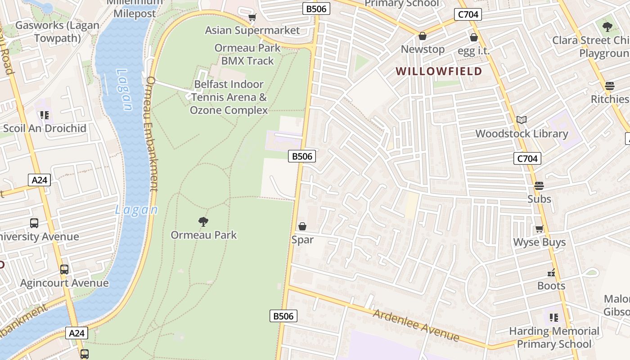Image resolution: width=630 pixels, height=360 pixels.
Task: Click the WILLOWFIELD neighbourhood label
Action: click(439, 71)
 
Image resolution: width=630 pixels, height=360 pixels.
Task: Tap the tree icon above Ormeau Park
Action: click(203, 221)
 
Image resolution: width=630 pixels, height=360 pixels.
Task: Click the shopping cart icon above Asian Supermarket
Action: click(252, 18)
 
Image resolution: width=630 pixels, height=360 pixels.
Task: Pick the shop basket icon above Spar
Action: click(302, 226)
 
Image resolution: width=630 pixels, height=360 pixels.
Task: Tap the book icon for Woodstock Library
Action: click(522, 120)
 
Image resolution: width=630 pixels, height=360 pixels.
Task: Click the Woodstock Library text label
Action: click(522, 134)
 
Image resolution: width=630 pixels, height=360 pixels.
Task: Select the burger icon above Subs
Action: click(539, 185)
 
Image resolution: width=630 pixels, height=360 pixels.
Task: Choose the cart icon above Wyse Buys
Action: click(539, 229)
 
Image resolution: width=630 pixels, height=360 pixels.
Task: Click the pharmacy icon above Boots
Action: click(551, 273)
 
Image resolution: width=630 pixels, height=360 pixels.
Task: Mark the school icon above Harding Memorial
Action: click(553, 318)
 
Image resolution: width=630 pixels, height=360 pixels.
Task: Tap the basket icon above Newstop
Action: click(422, 36)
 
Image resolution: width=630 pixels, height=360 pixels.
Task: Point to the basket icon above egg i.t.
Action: click(473, 37)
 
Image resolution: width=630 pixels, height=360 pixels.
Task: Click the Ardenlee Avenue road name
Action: click(416, 325)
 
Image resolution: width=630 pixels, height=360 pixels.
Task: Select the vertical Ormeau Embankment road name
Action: click(152, 134)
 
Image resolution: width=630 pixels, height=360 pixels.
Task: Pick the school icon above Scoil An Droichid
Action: click(44, 115)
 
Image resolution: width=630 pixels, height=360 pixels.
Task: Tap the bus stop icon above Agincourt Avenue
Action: click(64, 270)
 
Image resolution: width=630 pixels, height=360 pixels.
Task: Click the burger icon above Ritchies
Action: click(610, 86)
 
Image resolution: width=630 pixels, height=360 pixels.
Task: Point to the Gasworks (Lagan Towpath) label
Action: click(57, 31)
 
